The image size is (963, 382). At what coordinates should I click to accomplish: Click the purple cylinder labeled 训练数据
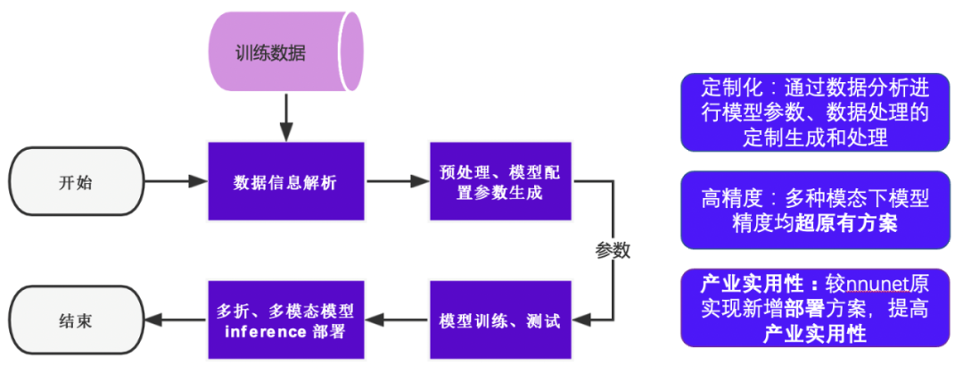[x=284, y=53]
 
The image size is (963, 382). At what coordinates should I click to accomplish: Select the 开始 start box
[x=76, y=182]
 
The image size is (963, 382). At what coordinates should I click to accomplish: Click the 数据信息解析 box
[x=285, y=182]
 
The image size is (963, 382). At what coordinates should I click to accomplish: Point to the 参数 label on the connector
[x=613, y=251]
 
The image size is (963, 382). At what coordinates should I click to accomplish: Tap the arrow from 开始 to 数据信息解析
[x=175, y=182]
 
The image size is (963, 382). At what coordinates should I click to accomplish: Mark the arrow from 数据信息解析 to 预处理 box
[x=397, y=182]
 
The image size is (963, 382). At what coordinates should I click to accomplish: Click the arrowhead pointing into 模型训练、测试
[x=580, y=320]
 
